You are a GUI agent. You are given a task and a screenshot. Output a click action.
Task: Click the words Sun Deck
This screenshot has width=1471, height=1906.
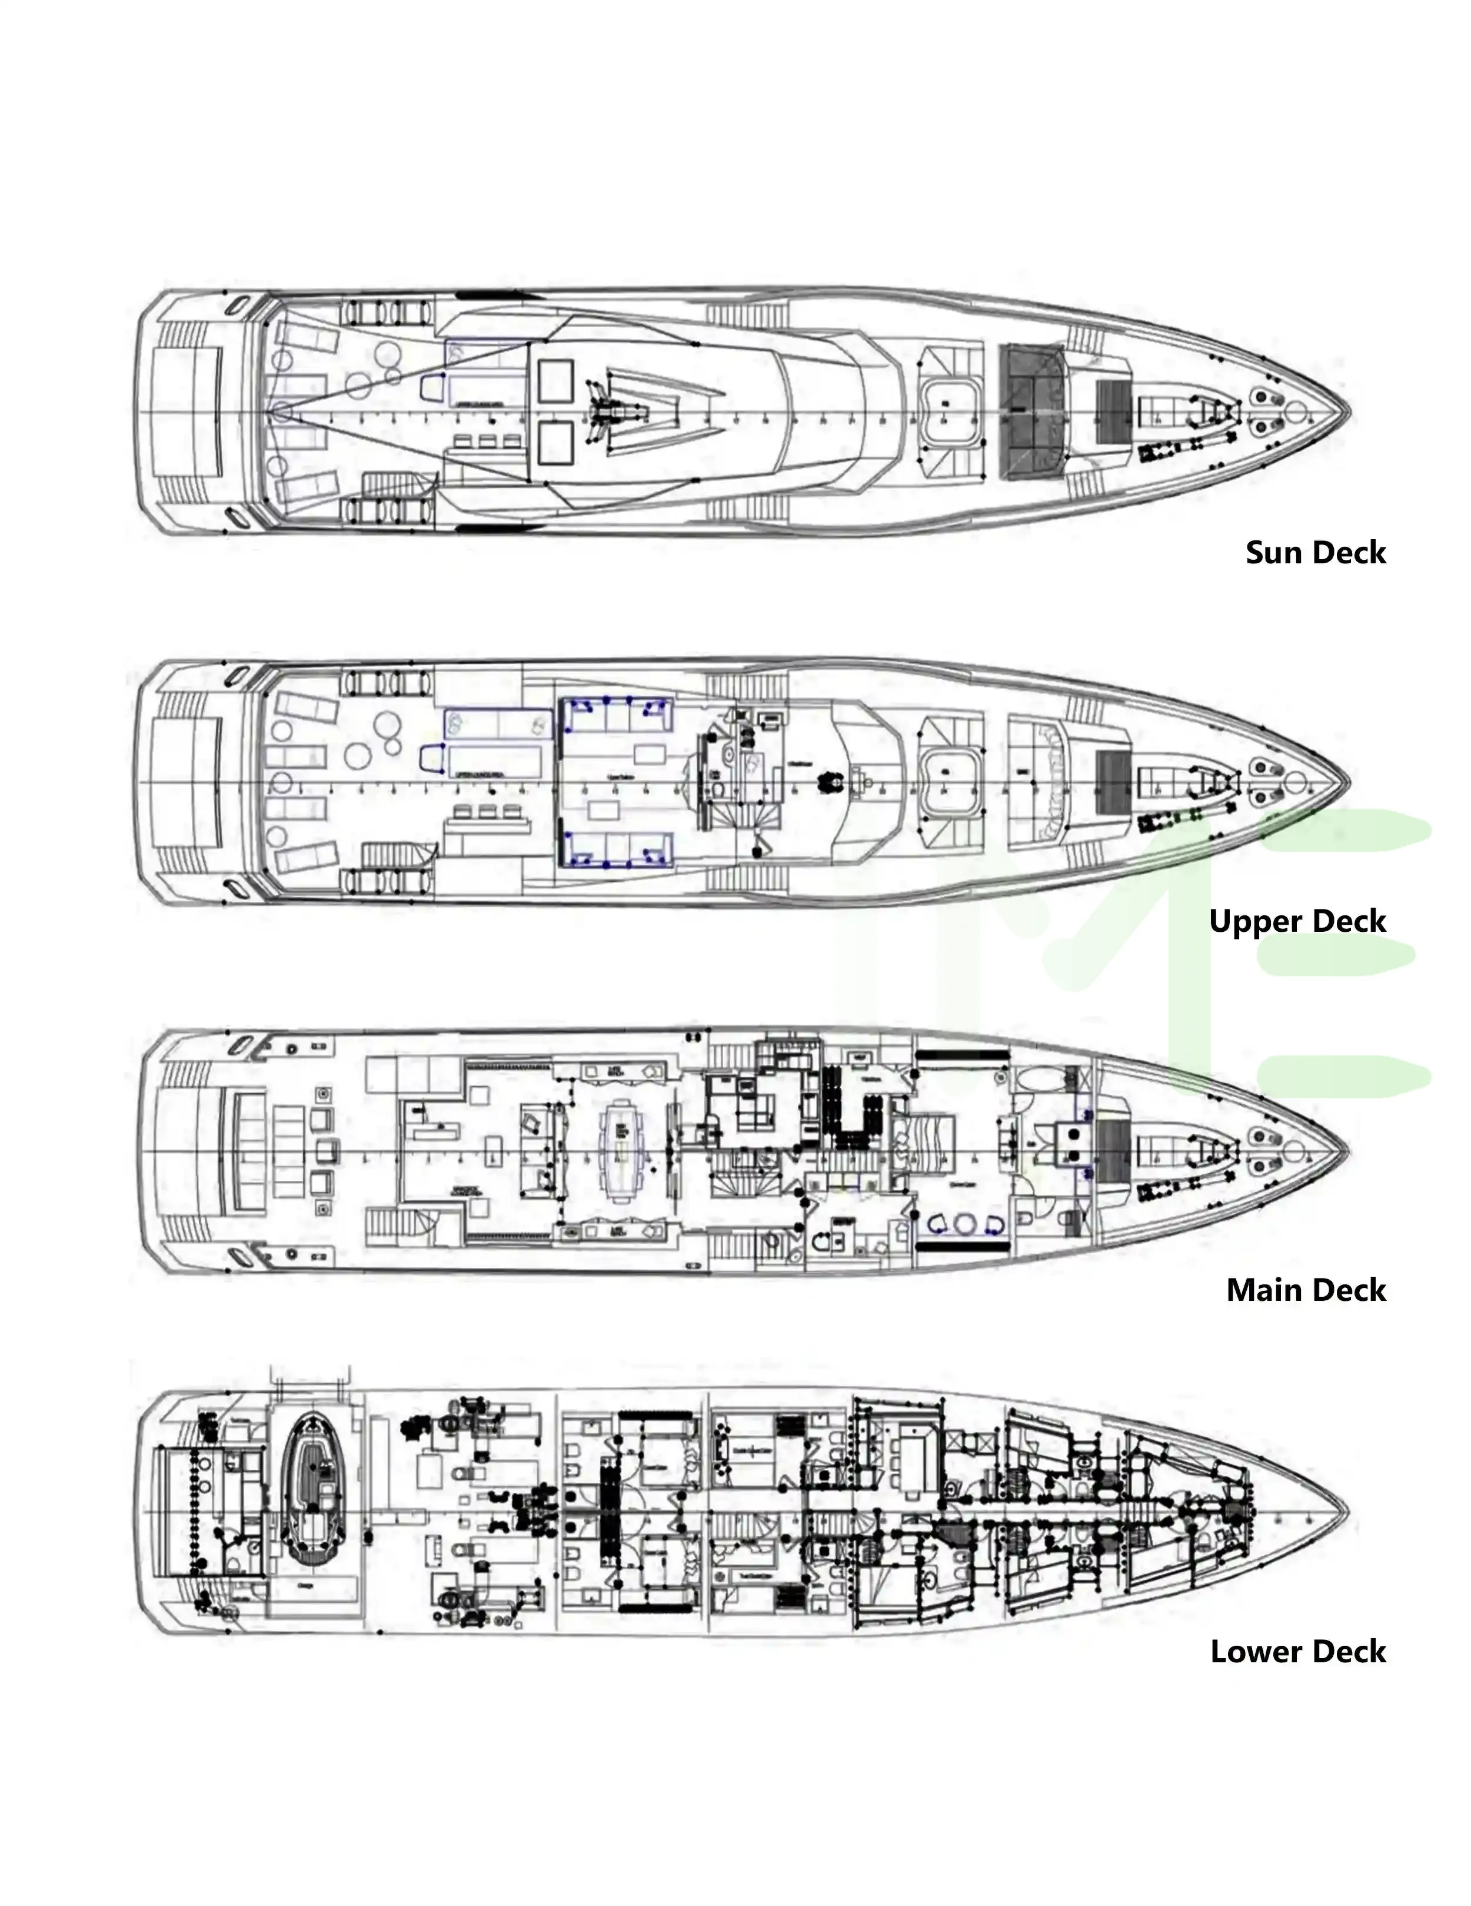[x=1315, y=552]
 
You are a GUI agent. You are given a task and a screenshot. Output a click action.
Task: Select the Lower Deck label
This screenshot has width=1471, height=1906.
[x=1298, y=1651]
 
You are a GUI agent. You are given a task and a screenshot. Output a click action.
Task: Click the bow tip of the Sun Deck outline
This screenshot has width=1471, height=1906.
[x=1349, y=412]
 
